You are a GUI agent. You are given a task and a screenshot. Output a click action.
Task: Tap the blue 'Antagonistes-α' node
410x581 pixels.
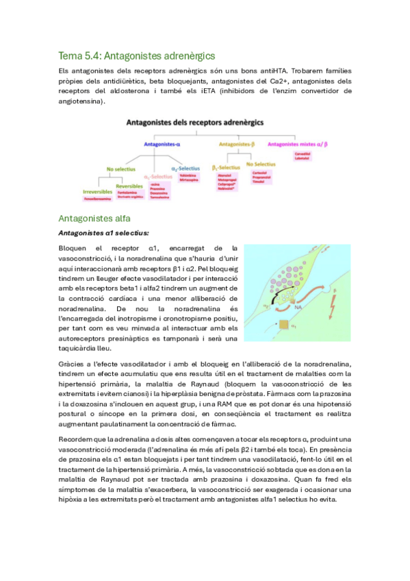[x=162, y=144]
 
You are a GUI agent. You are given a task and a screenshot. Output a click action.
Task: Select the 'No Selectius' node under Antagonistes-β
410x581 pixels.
[x=260, y=164]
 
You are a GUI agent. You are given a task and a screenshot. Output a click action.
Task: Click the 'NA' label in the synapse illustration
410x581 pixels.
[x=299, y=309]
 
